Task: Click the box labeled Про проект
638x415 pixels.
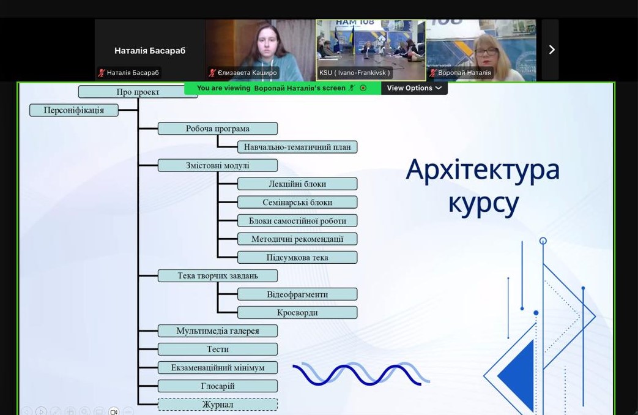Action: pyautogui.click(x=138, y=92)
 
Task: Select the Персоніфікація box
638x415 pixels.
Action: pyautogui.click(x=73, y=110)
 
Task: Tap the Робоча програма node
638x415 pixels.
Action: pyautogui.click(x=218, y=129)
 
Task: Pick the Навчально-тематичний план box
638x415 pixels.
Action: pyautogui.click(x=297, y=147)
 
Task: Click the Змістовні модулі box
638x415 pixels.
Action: pyautogui.click(x=218, y=165)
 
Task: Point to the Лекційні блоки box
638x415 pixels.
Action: pyautogui.click(x=297, y=184)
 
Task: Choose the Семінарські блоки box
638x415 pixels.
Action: pyautogui.click(x=297, y=203)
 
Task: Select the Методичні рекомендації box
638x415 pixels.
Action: pyautogui.click(x=297, y=239)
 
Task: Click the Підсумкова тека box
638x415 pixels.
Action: pyautogui.click(x=297, y=258)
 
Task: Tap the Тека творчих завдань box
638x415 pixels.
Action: pyautogui.click(x=218, y=275)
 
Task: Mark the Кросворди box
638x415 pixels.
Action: pyautogui.click(x=297, y=313)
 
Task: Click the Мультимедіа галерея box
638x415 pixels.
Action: pyautogui.click(x=218, y=331)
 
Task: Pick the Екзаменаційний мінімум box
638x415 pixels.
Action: pyautogui.click(x=218, y=368)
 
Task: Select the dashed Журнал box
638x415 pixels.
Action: pyautogui.click(x=218, y=405)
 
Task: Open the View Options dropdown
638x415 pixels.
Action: pyautogui.click(x=414, y=88)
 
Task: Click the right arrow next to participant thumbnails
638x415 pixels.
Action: pyautogui.click(x=552, y=50)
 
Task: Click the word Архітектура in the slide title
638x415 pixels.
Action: pyautogui.click(x=483, y=170)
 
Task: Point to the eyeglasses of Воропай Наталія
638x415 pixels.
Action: pyautogui.click(x=486, y=52)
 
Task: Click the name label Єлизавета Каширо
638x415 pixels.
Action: pyautogui.click(x=247, y=73)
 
